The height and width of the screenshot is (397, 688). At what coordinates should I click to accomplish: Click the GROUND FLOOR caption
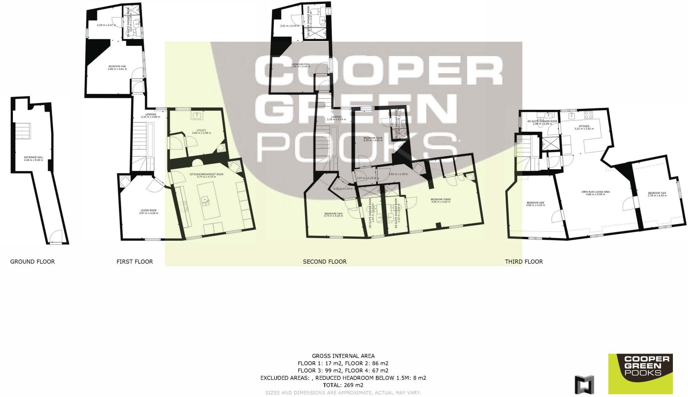point(32,262)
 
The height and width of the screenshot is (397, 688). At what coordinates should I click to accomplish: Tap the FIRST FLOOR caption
point(134,262)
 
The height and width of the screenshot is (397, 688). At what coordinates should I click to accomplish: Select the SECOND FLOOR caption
point(325,262)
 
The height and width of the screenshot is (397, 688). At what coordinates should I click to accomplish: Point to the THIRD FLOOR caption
point(524,262)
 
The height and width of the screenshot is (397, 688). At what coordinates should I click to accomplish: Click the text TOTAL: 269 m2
point(343,385)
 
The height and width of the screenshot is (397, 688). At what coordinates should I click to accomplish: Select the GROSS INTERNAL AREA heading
point(343,356)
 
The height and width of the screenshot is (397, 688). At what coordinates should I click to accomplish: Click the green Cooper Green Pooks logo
point(640,373)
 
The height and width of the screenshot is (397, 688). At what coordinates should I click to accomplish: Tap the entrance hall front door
point(55,237)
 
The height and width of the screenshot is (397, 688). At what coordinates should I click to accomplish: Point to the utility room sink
point(197,116)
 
